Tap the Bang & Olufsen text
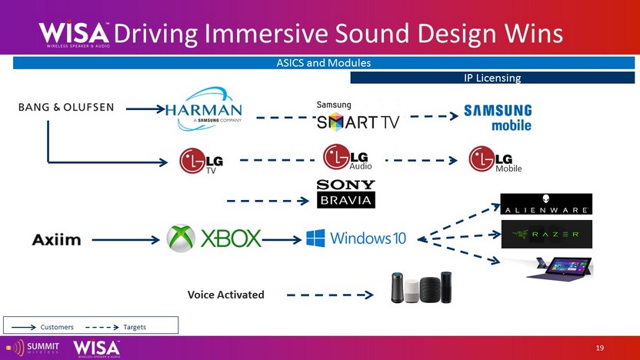pos(66,107)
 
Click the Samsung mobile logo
pos(497,117)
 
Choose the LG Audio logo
pos(348,157)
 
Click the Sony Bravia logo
pos(346,194)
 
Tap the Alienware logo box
pos(546,204)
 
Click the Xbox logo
pos(214,238)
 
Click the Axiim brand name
pos(56,240)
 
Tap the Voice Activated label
pos(225,295)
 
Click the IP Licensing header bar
pos(492,78)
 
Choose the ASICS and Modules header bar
pos(323,63)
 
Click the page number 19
pos(600,349)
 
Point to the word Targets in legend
pos(135,327)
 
